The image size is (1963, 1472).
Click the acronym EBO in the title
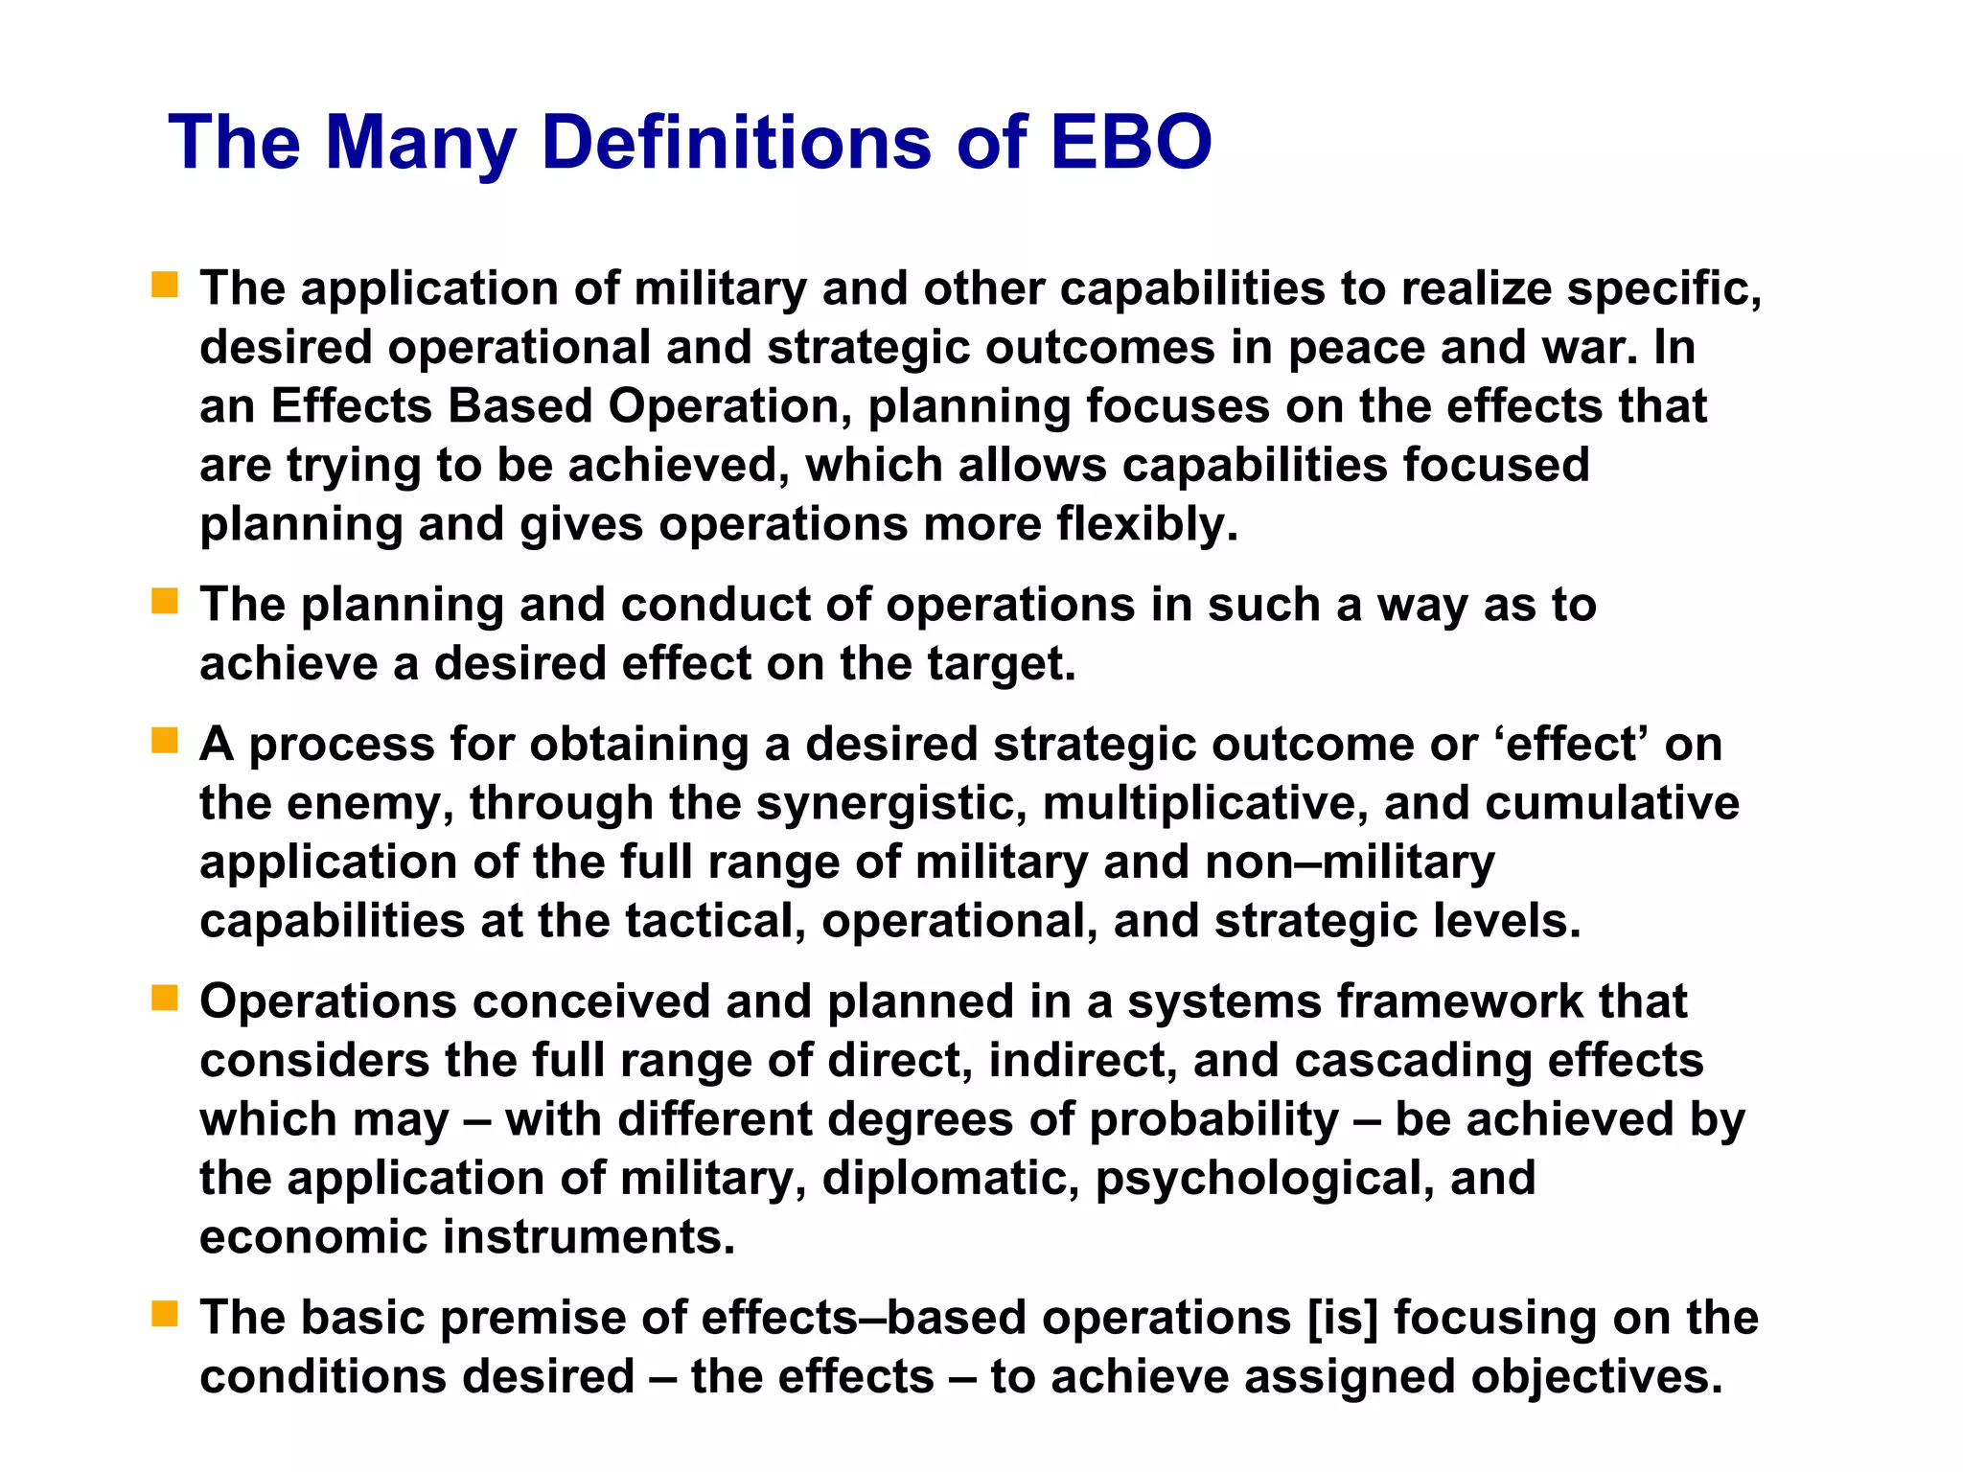pos(1131,142)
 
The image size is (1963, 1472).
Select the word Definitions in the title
pos(736,142)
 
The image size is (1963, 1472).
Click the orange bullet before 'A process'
pos(165,741)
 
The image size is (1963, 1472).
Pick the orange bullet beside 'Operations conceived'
pos(165,999)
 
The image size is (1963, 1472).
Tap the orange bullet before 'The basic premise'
pos(165,1314)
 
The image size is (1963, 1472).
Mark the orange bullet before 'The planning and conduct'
pos(165,602)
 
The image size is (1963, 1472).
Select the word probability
pos(1213,1119)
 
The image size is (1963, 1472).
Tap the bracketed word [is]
pos(1343,1318)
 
